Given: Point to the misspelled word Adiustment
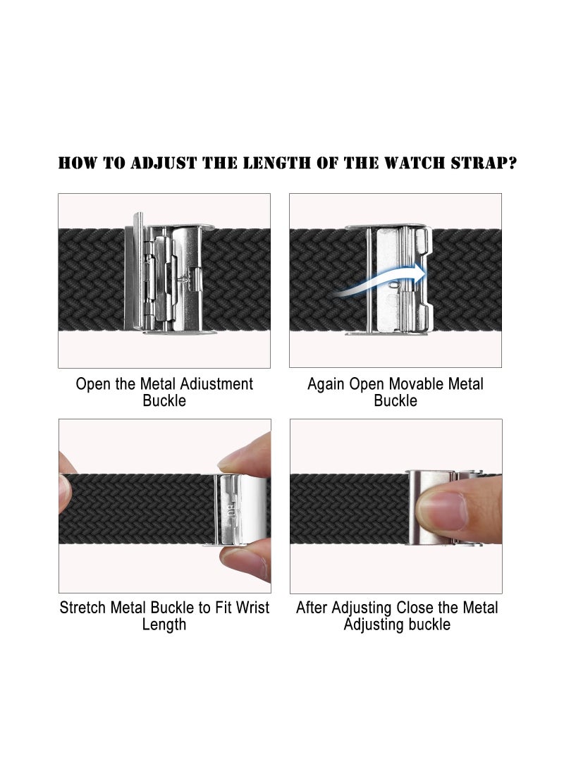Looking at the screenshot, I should click(x=207, y=384).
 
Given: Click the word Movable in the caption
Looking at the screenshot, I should click(x=413, y=384).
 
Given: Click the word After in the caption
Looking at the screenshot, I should click(x=314, y=608).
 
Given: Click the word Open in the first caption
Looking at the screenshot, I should click(x=92, y=384).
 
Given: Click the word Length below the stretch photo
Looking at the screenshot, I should click(x=164, y=625).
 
